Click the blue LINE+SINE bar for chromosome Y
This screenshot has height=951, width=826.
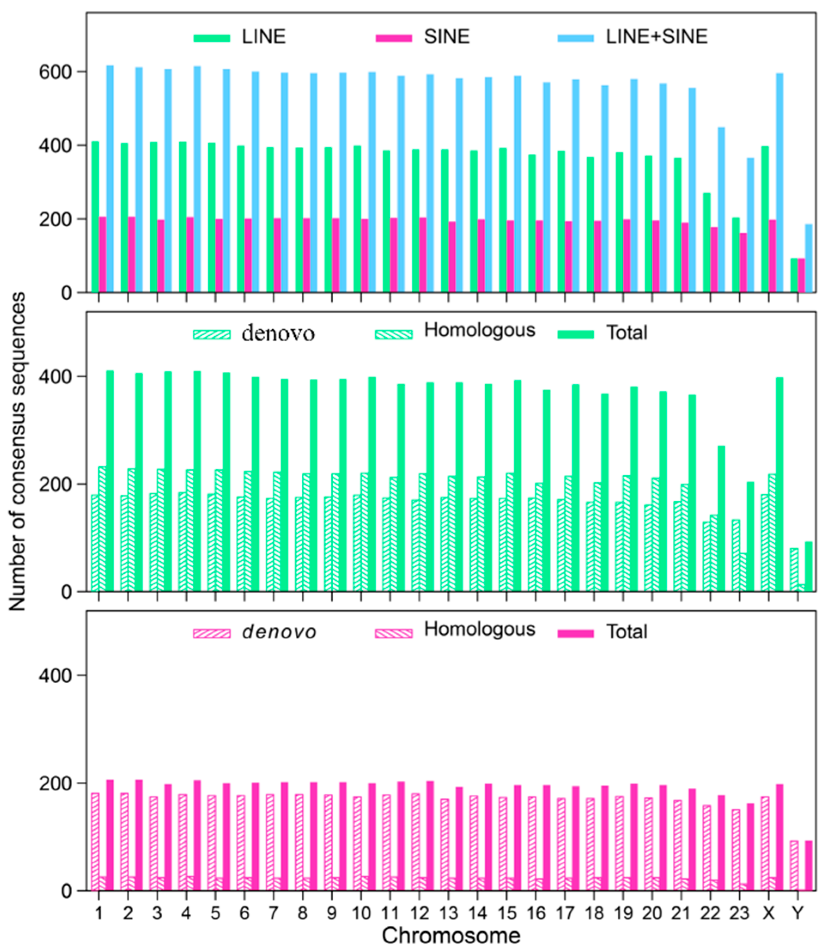(809, 258)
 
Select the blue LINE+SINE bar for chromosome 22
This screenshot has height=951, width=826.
(721, 210)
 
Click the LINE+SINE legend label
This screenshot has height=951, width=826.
(656, 37)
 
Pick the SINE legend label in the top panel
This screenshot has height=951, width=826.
(446, 37)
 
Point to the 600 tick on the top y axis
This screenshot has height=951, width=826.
(55, 73)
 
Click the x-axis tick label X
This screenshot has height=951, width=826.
(768, 913)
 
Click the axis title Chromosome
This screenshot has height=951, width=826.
(451, 936)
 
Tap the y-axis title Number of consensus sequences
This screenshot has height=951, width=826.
(18, 452)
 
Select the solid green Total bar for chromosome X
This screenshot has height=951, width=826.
(780, 484)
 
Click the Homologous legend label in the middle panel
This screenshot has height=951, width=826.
(480, 330)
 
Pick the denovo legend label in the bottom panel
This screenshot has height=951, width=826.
(279, 632)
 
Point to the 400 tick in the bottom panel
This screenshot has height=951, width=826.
(55, 675)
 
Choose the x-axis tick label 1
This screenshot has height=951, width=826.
(99, 913)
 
